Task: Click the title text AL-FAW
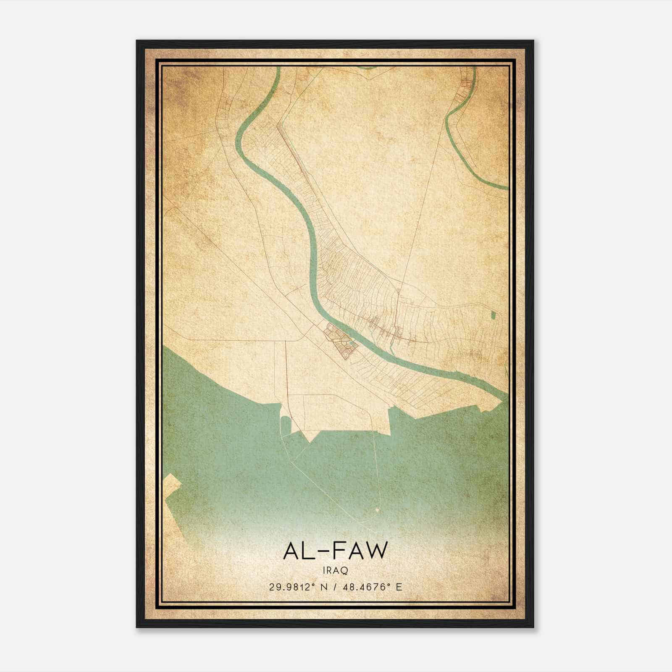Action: coord(335,551)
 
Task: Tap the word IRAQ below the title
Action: coord(335,570)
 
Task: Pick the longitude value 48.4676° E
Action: coord(373,587)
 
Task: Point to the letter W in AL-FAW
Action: coord(376,551)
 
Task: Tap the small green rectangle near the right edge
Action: coord(493,315)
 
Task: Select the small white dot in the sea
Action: coord(377,510)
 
